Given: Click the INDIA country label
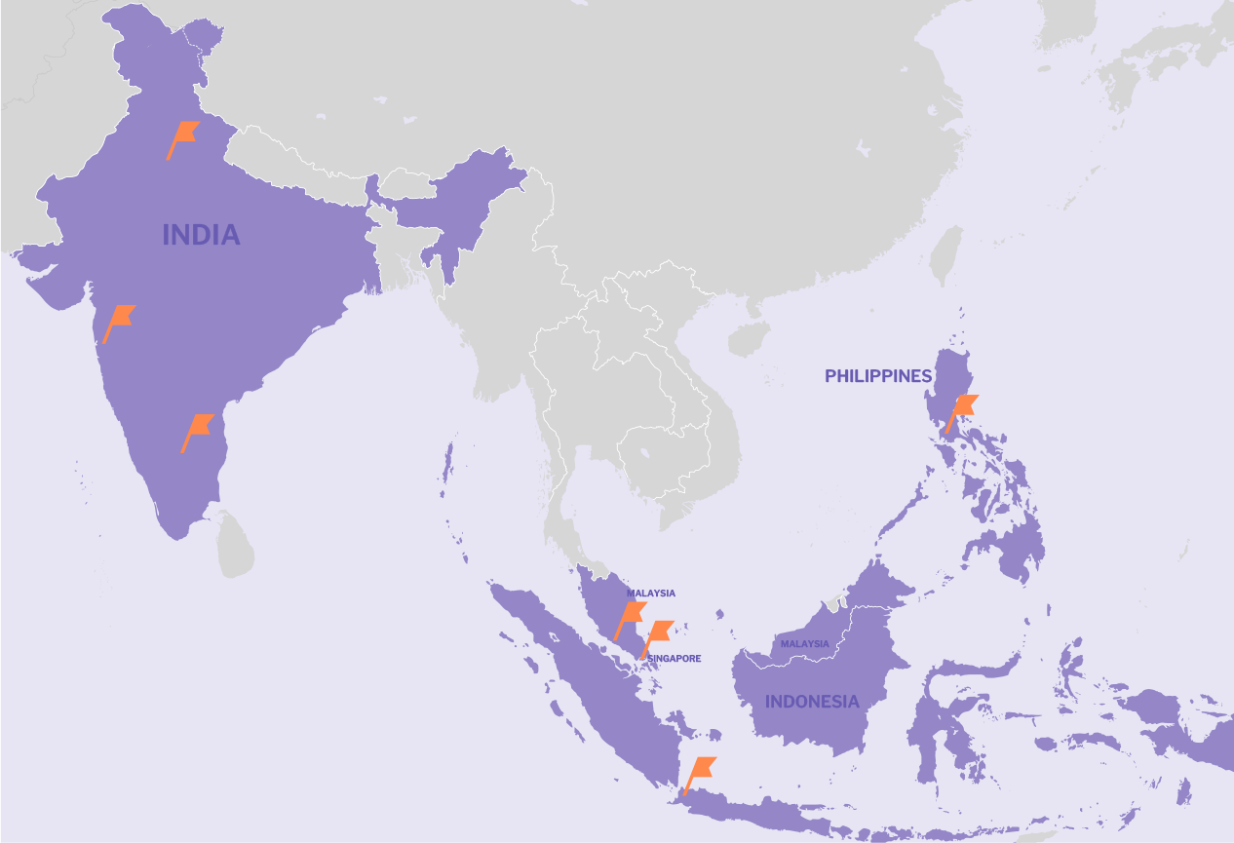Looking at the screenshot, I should [x=201, y=235].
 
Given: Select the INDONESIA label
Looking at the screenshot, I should [x=812, y=702].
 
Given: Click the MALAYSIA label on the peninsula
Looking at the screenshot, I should [x=650, y=593].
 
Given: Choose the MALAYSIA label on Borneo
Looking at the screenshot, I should [x=804, y=643].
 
